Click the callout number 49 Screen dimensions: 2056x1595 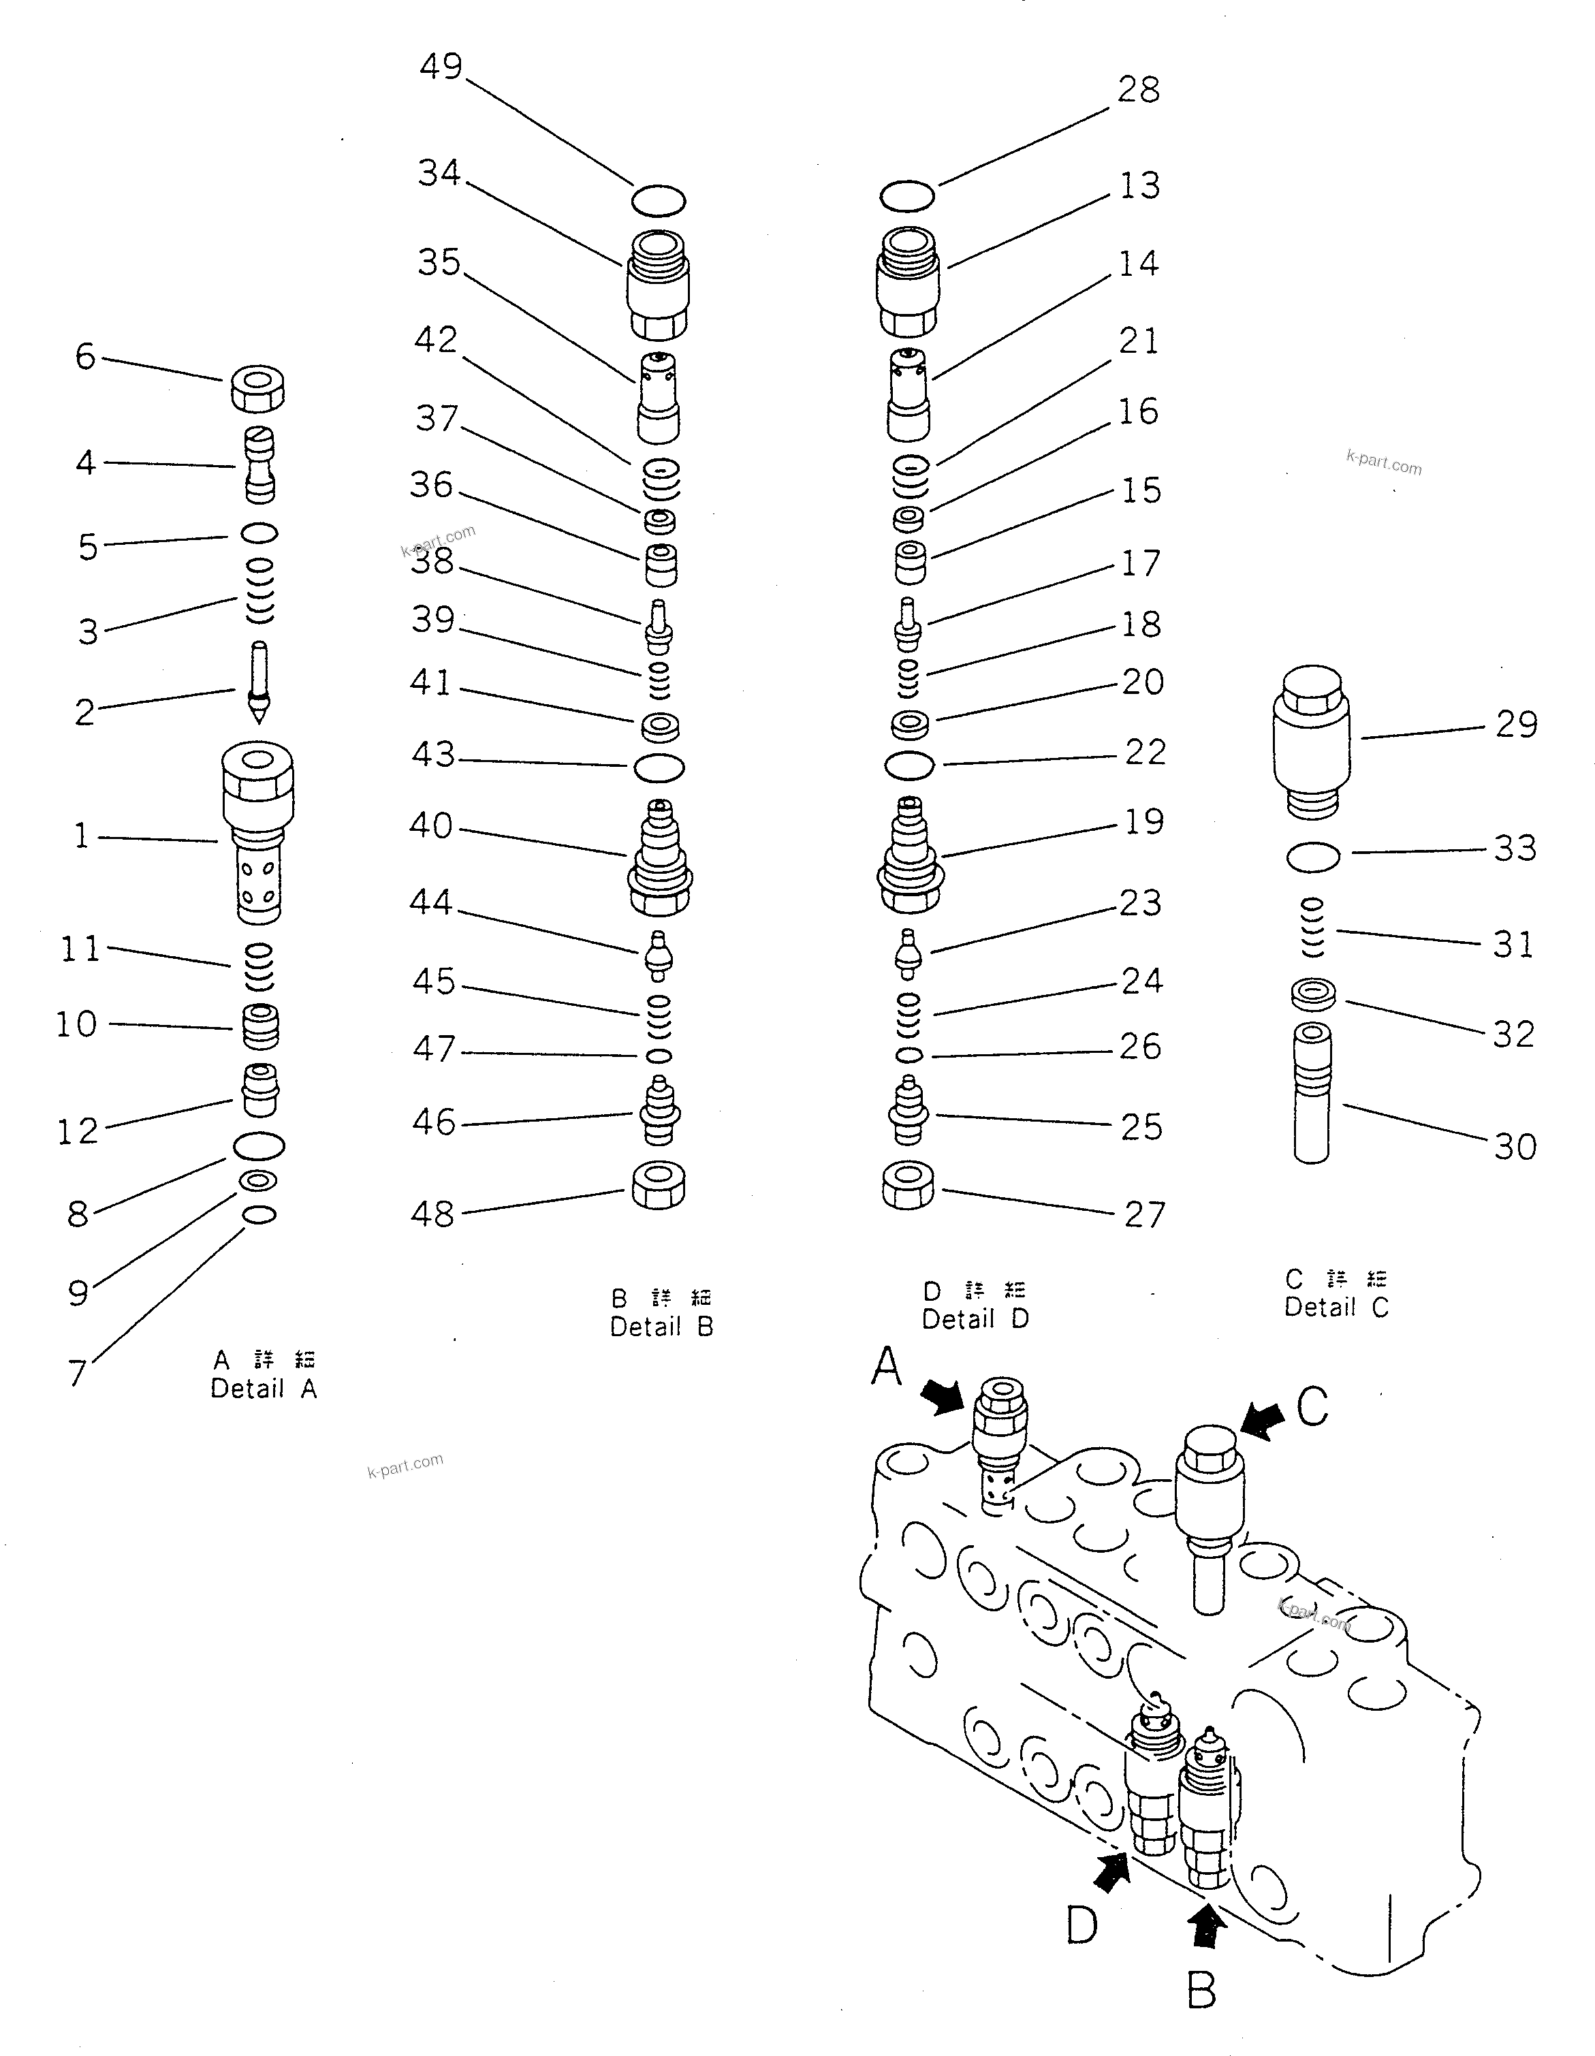tap(441, 67)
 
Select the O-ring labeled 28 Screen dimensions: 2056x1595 tap(906, 196)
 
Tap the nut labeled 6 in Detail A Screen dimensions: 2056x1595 tap(257, 388)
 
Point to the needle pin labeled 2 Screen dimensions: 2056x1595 tap(259, 682)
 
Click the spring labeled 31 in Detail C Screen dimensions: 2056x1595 tap(1312, 928)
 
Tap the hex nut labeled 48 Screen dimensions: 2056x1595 tap(658, 1185)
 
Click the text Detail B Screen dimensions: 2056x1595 tap(661, 1327)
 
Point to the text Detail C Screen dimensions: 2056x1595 tap(1336, 1307)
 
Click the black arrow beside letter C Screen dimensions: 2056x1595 tap(1262, 1420)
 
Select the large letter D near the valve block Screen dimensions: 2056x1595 tap(1082, 1925)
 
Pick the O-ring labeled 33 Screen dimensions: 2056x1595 tap(1312, 857)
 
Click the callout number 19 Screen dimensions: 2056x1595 tap(1144, 822)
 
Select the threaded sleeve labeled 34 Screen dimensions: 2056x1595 tap(657, 284)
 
